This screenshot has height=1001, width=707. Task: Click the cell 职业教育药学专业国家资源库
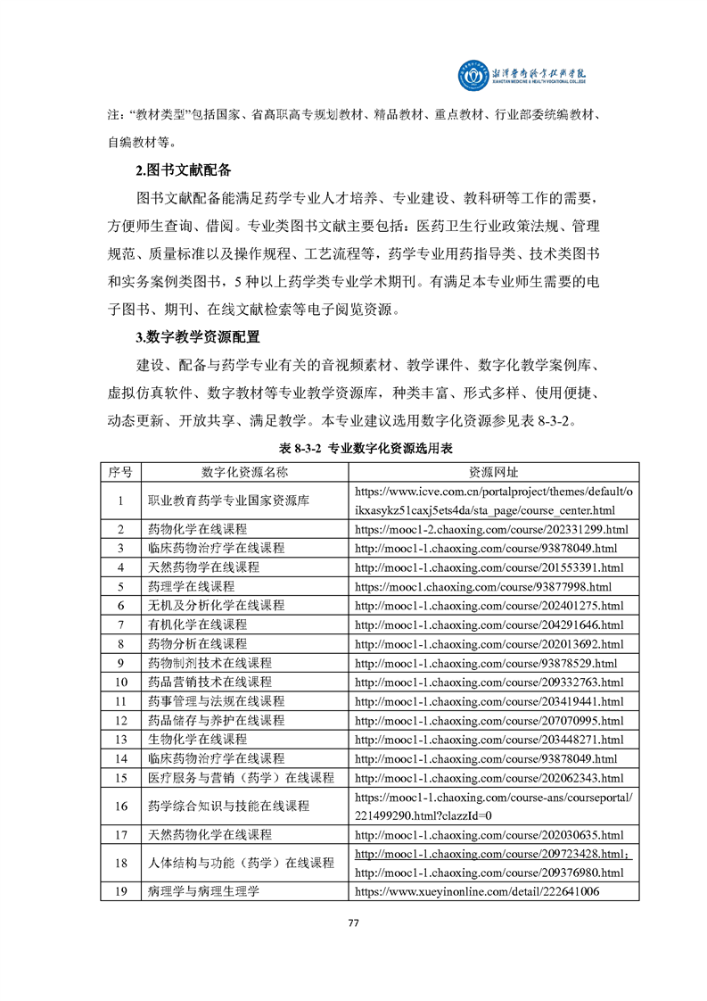(x=227, y=501)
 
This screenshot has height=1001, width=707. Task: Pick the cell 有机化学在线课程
(x=197, y=625)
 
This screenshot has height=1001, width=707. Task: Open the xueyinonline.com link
(x=476, y=890)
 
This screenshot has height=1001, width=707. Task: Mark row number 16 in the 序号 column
(x=119, y=806)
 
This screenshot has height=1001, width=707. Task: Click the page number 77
(x=353, y=922)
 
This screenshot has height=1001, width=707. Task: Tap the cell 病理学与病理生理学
(x=203, y=890)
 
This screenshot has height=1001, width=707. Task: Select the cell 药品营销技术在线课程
(x=210, y=682)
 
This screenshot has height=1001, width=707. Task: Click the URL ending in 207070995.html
(x=489, y=720)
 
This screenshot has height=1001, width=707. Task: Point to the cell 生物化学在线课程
(x=197, y=739)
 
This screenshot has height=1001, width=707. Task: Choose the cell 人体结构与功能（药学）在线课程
(x=241, y=863)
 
